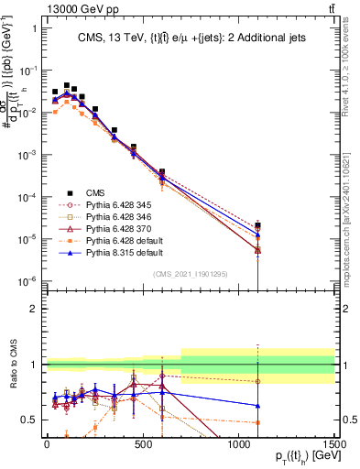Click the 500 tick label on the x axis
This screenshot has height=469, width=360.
[142, 444]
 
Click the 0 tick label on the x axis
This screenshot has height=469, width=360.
[47, 444]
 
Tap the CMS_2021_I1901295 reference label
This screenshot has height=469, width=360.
[190, 273]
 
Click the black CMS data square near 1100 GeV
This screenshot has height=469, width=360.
[258, 225]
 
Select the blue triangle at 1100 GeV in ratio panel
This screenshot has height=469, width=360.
[258, 405]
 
